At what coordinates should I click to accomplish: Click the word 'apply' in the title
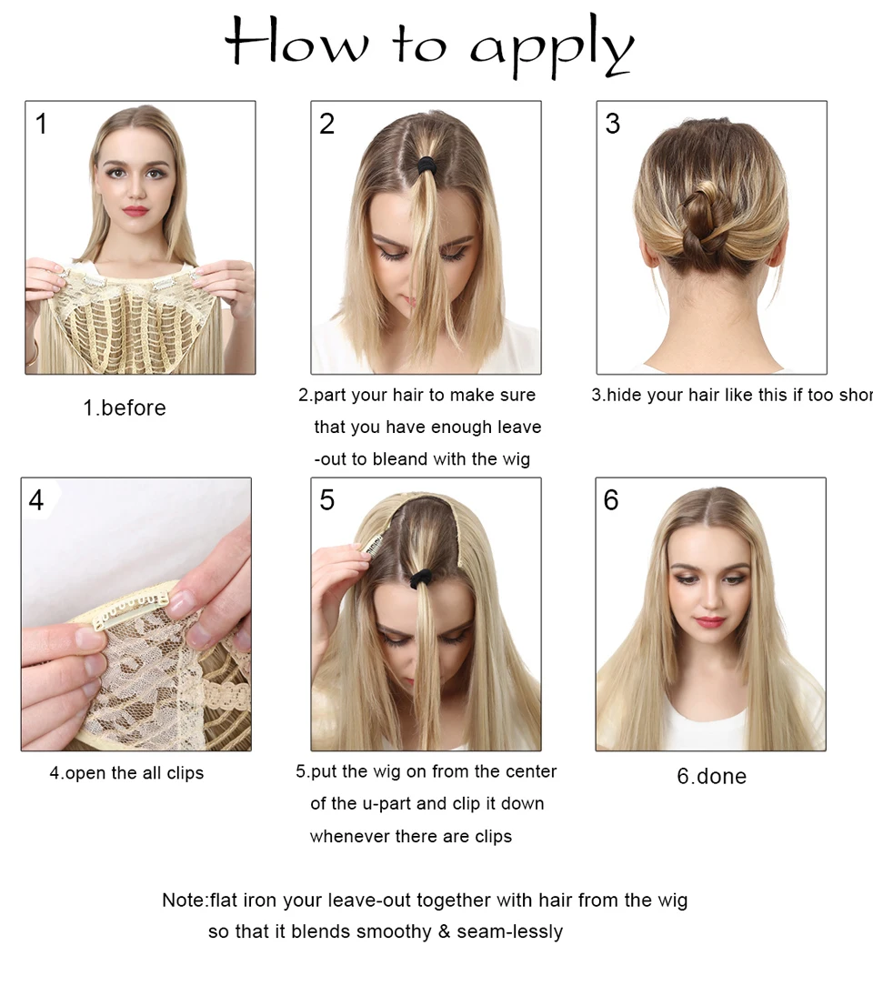point(551,46)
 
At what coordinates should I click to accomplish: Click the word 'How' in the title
point(296,41)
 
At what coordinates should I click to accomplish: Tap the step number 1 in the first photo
point(41,123)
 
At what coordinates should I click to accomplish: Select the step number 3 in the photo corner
point(612,123)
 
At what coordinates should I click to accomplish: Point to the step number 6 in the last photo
point(611,500)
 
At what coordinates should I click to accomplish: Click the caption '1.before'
point(125,407)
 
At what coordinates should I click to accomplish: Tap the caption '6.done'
point(712,776)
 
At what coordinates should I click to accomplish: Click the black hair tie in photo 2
point(426,165)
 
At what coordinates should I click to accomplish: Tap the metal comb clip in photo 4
point(131,612)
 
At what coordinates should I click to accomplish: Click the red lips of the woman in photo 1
point(135,211)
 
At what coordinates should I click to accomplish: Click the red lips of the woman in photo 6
point(709,621)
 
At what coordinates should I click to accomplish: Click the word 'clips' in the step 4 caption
point(185,774)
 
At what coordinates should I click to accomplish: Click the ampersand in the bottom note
point(445,931)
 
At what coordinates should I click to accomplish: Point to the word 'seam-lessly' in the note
point(510,931)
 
